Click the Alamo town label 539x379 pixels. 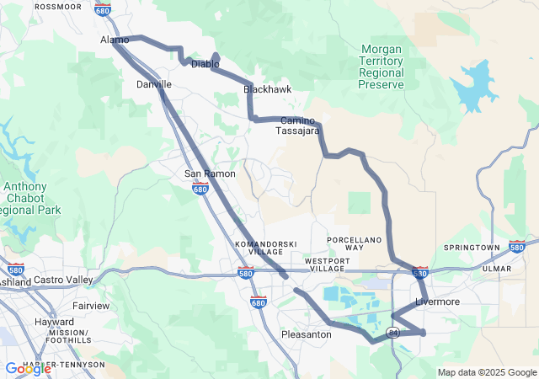115,40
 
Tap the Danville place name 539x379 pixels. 154,85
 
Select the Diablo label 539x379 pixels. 205,64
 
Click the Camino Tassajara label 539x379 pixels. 298,126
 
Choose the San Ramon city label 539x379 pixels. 204,173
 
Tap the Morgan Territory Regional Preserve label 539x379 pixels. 381,67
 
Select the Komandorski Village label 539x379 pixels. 265,248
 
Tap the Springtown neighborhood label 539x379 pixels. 472,248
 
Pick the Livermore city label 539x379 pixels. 437,302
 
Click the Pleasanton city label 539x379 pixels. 306,334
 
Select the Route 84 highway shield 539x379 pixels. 393,334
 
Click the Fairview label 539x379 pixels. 90,306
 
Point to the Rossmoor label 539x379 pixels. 58,6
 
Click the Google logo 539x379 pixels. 28,369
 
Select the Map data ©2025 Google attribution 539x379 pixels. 486,372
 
